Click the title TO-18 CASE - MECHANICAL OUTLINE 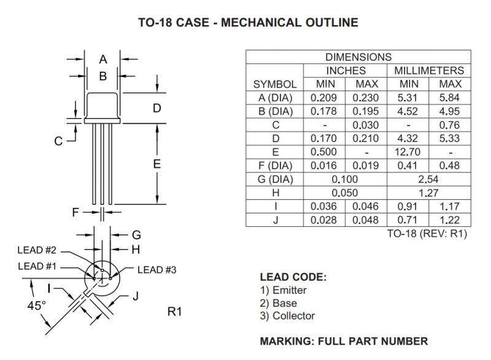click(247, 23)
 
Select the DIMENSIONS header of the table click(358, 57)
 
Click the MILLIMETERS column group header click(429, 71)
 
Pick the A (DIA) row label click(275, 98)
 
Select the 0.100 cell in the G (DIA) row click(346, 179)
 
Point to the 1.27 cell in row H click(429, 193)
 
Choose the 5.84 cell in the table click(450, 98)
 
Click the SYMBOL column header click(275, 84)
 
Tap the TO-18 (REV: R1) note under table click(427, 234)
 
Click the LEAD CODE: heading click(293, 277)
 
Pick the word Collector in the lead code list click(293, 316)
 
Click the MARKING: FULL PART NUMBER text click(344, 341)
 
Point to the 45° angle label click(38, 305)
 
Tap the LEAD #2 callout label click(37, 250)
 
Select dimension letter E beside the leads click(157, 164)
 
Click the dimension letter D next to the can click(157, 108)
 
